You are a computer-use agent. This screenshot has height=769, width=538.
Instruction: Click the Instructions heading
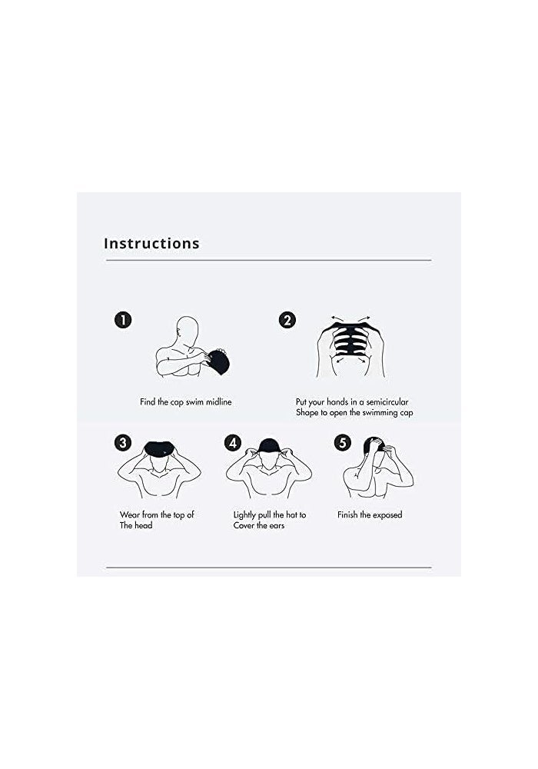(151, 244)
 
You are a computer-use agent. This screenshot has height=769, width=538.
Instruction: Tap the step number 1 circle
(123, 320)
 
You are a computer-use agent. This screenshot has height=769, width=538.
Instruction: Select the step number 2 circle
(287, 320)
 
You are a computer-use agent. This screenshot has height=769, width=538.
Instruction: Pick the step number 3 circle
(123, 443)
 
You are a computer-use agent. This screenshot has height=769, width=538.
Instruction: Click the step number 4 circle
(233, 443)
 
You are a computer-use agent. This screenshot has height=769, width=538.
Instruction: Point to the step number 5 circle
(343, 443)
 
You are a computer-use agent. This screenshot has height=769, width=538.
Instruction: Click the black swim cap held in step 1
(218, 361)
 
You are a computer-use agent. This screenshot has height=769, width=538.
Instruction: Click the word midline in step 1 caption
(216, 401)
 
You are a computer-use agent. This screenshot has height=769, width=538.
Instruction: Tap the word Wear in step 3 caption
(130, 514)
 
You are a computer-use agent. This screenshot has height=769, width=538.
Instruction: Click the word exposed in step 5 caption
(387, 514)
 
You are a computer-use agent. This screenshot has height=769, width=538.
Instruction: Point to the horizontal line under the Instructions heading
(268, 261)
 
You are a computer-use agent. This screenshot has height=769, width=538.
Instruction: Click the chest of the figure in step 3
(160, 484)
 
